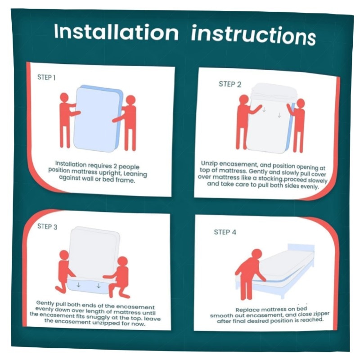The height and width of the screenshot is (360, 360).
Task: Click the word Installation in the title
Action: (117, 32)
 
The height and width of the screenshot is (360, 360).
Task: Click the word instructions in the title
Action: (253, 35)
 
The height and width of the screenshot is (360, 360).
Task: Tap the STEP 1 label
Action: (46, 77)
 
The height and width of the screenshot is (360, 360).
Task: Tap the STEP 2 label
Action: (230, 84)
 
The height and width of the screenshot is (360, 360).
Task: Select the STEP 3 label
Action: (47, 226)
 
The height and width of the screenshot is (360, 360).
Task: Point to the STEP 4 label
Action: (225, 232)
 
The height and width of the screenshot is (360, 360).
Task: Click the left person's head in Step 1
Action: (64, 97)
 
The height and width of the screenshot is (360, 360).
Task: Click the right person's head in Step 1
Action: (130, 100)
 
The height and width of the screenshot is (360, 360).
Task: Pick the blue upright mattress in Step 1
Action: (98, 118)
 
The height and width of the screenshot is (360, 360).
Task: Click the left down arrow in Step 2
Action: (264, 109)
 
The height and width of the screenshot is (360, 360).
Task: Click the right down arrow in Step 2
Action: (279, 115)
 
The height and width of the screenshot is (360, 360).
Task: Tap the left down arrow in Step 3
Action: (78, 285)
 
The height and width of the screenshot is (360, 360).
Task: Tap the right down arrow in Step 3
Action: (99, 286)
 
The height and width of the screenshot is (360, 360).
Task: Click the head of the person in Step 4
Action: (256, 254)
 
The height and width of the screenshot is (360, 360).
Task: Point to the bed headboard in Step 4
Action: (301, 248)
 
